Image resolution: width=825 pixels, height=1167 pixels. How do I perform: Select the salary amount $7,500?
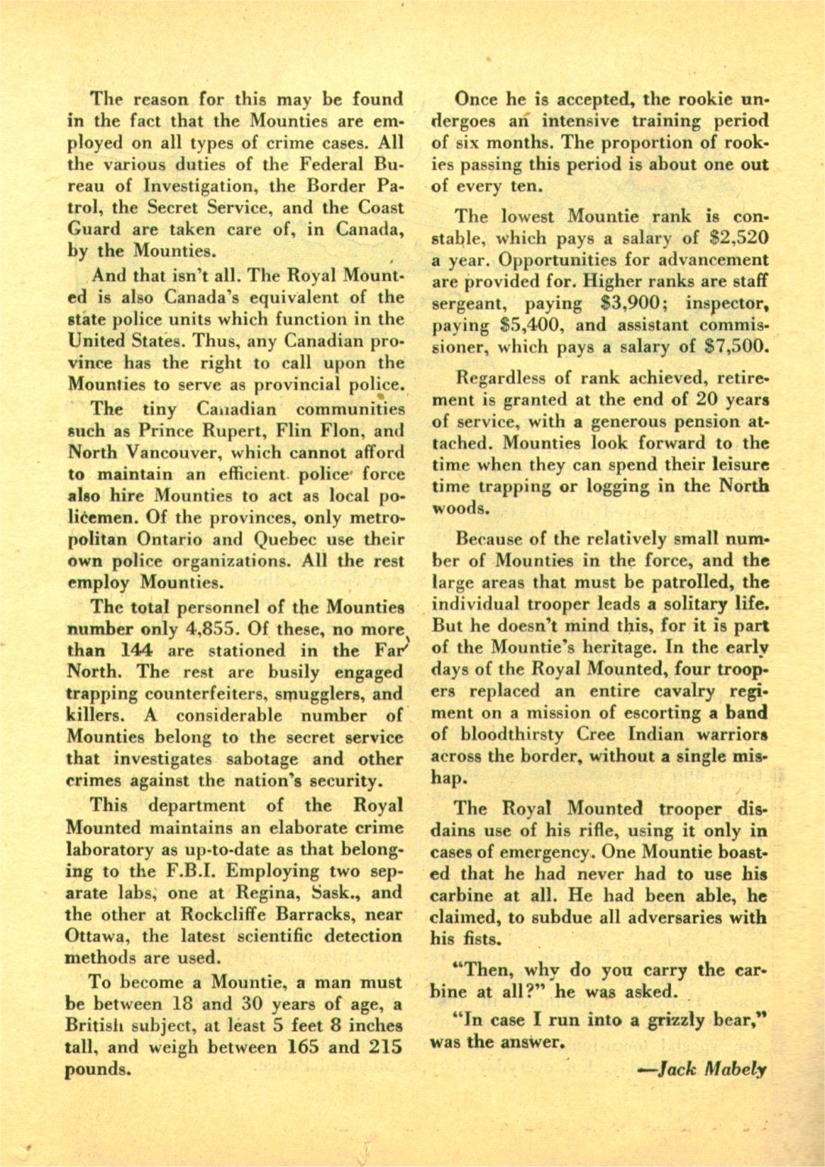[x=739, y=348]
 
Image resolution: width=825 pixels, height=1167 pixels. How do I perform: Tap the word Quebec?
[x=291, y=540]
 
